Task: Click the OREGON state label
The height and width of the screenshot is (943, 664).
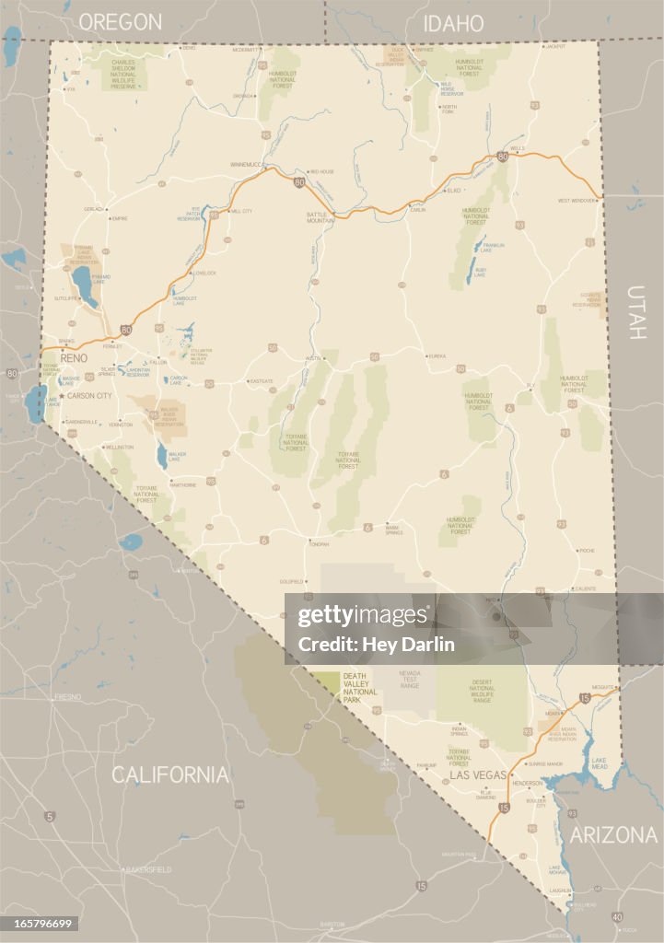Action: pyautogui.click(x=120, y=22)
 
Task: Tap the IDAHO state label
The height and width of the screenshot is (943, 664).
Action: pyautogui.click(x=453, y=23)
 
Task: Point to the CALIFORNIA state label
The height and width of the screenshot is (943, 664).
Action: pyautogui.click(x=170, y=774)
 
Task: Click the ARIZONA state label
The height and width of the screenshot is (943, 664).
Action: pyautogui.click(x=612, y=835)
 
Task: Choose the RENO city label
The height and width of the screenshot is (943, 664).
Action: pyautogui.click(x=74, y=357)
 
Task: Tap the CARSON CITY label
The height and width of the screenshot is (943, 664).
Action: pyautogui.click(x=90, y=395)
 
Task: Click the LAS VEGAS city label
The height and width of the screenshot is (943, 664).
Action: pyautogui.click(x=478, y=775)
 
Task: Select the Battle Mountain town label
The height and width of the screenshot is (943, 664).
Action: pyautogui.click(x=320, y=217)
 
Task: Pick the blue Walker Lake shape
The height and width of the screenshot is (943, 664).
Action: pyautogui.click(x=162, y=454)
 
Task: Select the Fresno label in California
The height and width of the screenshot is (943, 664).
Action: pyautogui.click(x=67, y=697)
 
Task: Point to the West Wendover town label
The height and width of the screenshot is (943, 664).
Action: pyautogui.click(x=577, y=200)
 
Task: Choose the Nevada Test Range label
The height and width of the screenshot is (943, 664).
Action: pyautogui.click(x=409, y=680)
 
